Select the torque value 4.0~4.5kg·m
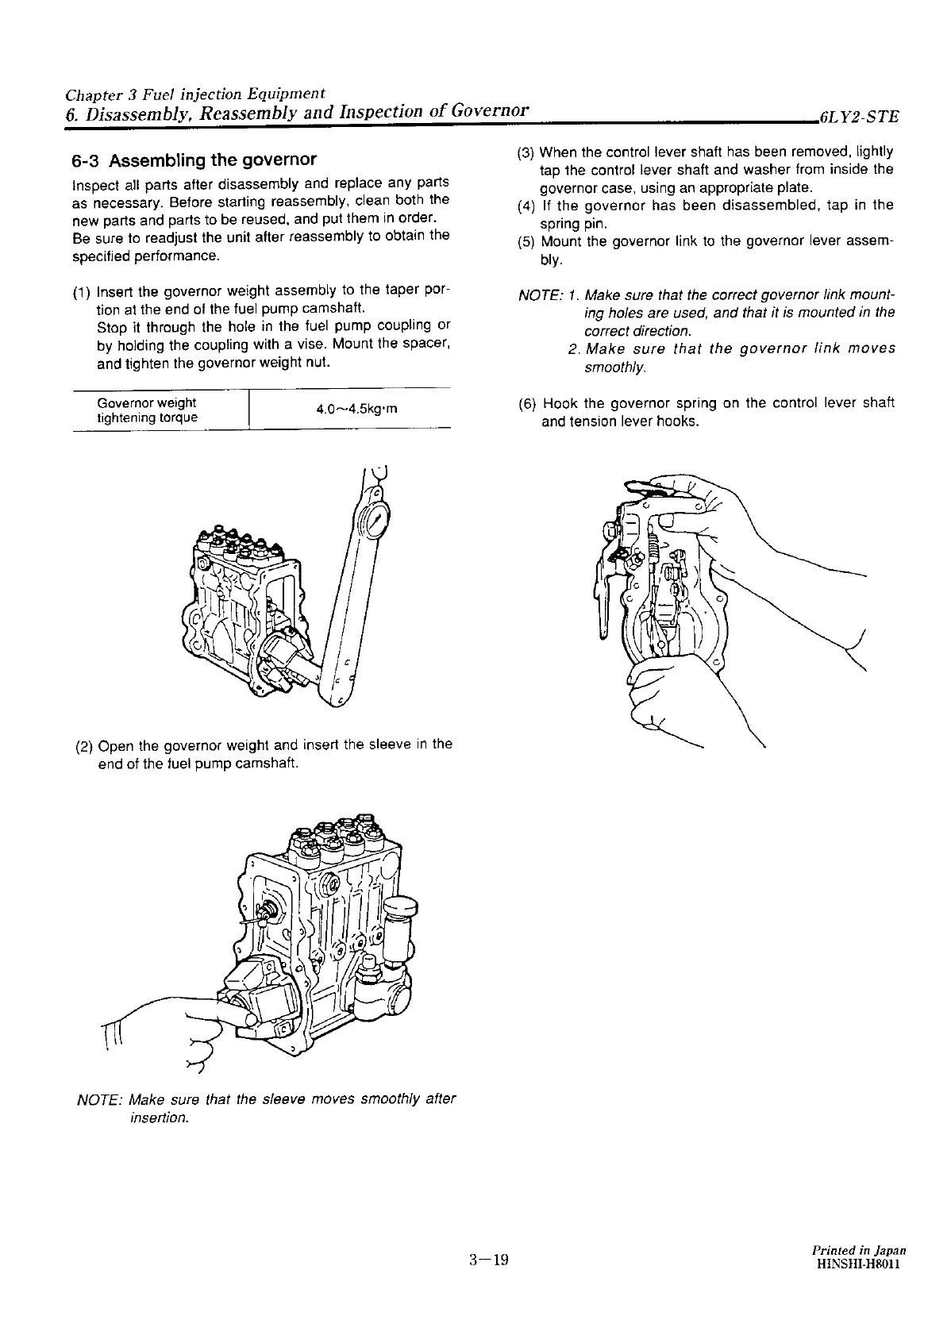(x=356, y=410)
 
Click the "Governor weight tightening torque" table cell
(x=147, y=410)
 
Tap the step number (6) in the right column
(x=527, y=403)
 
